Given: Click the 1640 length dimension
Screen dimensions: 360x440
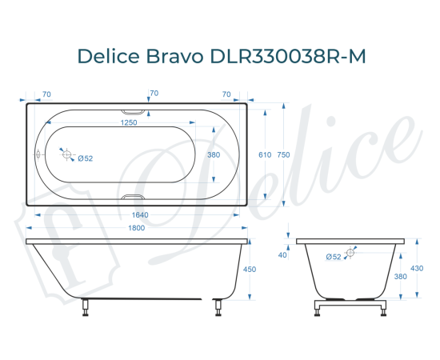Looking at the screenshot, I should click(x=139, y=215).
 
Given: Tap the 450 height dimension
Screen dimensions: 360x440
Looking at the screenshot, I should click(x=249, y=270).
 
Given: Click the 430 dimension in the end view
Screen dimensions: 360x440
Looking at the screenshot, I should click(x=418, y=269).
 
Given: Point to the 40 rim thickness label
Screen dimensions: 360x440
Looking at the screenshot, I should click(x=282, y=255).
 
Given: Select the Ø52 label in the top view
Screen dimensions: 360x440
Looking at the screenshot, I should click(x=86, y=158).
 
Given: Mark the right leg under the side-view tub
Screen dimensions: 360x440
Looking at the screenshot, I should click(x=215, y=307).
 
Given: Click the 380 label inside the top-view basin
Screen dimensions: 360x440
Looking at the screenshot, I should click(x=214, y=154).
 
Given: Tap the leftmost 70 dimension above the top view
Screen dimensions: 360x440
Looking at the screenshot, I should click(x=46, y=94).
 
